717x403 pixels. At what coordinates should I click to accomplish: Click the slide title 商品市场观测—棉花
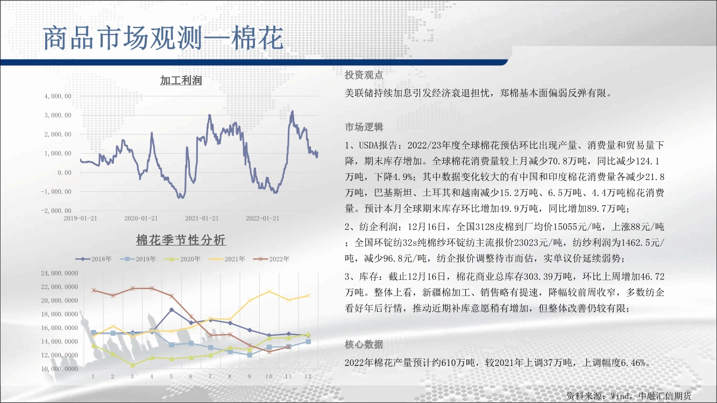pyautogui.click(x=163, y=38)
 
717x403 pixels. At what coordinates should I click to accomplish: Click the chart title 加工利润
pyautogui.click(x=181, y=80)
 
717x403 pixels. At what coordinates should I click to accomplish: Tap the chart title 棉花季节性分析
pyautogui.click(x=181, y=240)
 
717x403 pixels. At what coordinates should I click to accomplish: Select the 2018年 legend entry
pyautogui.click(x=94, y=259)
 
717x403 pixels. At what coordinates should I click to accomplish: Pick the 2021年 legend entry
pyautogui.click(x=226, y=259)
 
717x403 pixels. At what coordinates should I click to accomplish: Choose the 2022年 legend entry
pyautogui.click(x=271, y=259)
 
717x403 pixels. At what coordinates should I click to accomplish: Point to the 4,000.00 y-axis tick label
pyautogui.click(x=58, y=96)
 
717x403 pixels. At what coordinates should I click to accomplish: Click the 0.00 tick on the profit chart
pyautogui.click(x=65, y=172)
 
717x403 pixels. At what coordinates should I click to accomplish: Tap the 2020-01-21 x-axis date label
pyautogui.click(x=141, y=218)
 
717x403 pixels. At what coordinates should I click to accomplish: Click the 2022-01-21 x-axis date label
pyautogui.click(x=262, y=218)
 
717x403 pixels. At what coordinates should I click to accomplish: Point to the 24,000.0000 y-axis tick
pyautogui.click(x=60, y=273)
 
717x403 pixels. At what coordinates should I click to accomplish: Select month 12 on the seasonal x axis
pyautogui.click(x=308, y=377)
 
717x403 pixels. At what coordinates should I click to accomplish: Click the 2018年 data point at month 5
pyautogui.click(x=172, y=310)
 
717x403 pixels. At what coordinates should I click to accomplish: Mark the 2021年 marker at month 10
pyautogui.click(x=269, y=291)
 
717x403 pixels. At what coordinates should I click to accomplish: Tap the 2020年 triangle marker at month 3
pyautogui.click(x=132, y=365)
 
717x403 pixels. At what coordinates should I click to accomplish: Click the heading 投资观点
pyautogui.click(x=364, y=75)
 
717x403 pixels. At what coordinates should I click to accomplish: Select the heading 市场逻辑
pyautogui.click(x=364, y=127)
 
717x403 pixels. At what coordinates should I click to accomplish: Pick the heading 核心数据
pyautogui.click(x=364, y=344)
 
